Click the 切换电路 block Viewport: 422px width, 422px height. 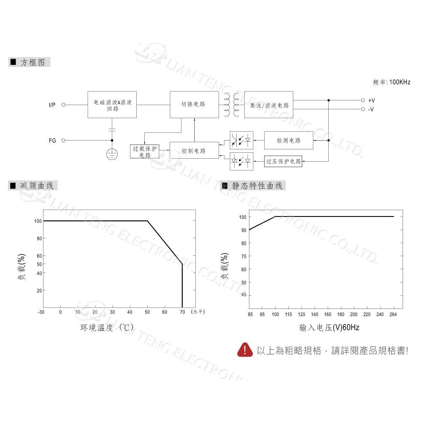(194, 104)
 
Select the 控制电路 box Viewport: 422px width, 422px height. (194, 151)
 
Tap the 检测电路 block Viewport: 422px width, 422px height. (289, 140)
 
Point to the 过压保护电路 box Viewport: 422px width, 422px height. (283, 161)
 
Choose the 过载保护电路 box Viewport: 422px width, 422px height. (144, 151)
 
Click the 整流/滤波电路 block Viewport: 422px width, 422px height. (269, 105)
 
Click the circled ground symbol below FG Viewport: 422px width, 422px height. (112, 154)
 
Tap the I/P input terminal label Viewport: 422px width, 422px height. (52, 105)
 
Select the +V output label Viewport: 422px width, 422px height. (371, 101)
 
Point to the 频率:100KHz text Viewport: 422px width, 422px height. (391, 82)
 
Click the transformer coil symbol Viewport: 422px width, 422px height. (231, 105)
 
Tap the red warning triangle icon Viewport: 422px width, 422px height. (245, 350)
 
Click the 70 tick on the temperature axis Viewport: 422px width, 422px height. (182, 312)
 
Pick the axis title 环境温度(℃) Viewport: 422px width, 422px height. (107, 327)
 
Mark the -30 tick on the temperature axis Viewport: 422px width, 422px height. (41, 312)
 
